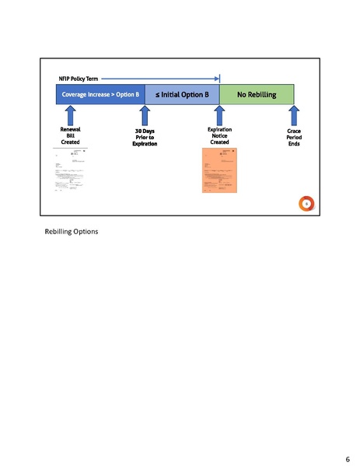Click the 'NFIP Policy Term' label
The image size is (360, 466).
point(78,79)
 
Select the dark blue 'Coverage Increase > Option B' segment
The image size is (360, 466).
point(100,94)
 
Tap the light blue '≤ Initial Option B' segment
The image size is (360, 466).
point(182,94)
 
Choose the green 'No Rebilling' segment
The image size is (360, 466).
point(257,94)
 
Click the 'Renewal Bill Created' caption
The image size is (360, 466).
point(70,136)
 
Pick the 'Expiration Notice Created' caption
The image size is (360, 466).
point(219,136)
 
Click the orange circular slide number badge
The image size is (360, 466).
point(306,204)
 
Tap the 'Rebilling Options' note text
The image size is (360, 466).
point(72,232)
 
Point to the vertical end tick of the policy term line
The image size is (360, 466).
point(219,79)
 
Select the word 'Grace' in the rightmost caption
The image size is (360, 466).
point(294,131)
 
